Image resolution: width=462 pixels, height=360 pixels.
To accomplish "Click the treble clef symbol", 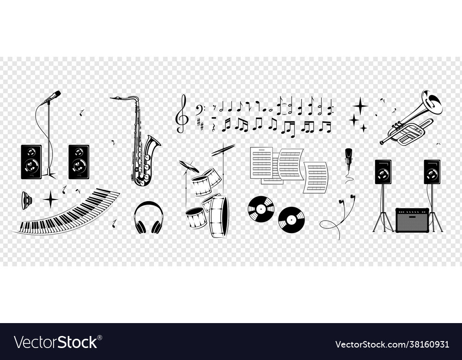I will pyautogui.click(x=182, y=114).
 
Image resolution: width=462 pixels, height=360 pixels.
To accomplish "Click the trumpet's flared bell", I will pyautogui.click(x=433, y=102).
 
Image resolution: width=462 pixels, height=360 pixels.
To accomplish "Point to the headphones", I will pyautogui.click(x=149, y=217).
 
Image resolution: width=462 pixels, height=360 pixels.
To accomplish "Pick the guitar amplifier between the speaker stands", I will pyautogui.click(x=412, y=220).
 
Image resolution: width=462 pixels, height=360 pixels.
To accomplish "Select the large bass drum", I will pyautogui.click(x=219, y=216).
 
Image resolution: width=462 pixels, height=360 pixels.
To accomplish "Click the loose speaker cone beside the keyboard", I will pyautogui.click(x=26, y=200).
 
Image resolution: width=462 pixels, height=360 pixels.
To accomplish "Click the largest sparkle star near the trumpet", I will pyautogui.click(x=360, y=105).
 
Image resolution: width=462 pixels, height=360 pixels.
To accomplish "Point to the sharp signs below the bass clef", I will pyautogui.click(x=200, y=123).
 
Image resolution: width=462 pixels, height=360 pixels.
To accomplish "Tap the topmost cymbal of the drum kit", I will pyautogui.click(x=224, y=149).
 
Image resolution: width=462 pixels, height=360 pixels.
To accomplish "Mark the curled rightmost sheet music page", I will pyautogui.click(x=316, y=177).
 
